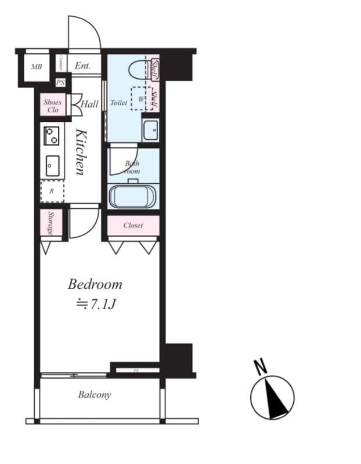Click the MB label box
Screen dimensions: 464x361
37,67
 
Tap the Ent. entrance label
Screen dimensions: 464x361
82,66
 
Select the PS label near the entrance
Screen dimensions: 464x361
60,82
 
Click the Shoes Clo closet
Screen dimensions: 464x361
52,106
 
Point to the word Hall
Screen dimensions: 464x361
89,104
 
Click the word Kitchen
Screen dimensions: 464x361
81,152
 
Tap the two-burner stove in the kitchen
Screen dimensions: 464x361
51,136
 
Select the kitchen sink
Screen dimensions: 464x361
52,166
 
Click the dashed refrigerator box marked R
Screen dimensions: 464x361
52,191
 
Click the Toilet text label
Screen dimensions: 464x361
118,103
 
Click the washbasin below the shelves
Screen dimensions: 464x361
150,130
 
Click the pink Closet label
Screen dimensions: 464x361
133,225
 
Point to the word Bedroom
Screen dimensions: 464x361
95,284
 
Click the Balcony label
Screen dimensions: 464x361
94,395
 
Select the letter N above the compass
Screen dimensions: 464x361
260,367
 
